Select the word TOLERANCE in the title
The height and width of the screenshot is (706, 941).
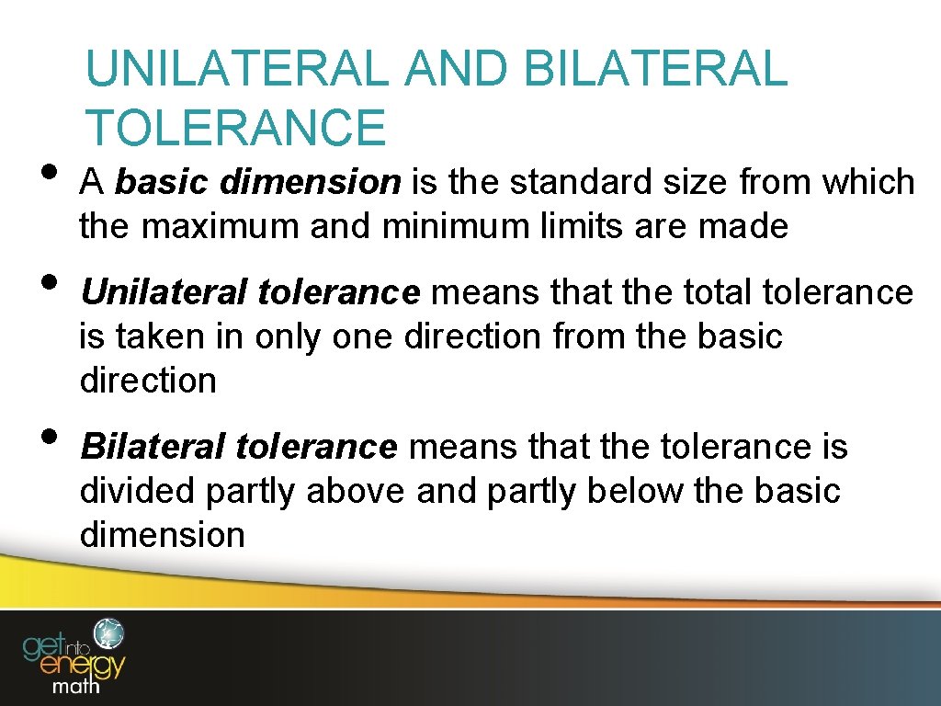coord(235,127)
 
